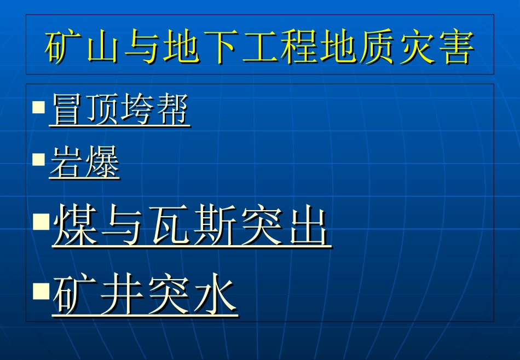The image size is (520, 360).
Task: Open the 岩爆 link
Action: coord(84,164)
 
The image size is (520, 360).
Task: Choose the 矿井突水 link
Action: coord(145,295)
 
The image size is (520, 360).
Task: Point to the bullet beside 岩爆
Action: coord(38,159)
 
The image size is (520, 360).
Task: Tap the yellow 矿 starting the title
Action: coord(61,47)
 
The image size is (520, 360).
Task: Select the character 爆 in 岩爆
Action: coord(102,164)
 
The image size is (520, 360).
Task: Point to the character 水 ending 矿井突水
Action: coord(215,295)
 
